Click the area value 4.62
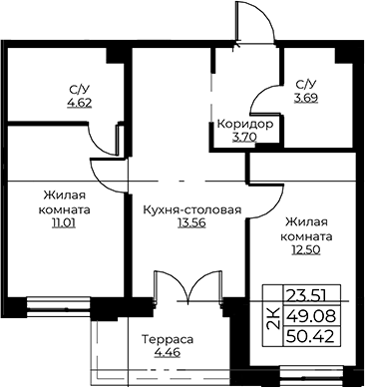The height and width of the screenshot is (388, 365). (x=80, y=103)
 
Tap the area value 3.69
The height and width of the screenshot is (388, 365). (x=306, y=98)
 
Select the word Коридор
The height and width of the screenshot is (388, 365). (x=245, y=125)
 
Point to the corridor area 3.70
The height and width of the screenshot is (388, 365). (x=244, y=137)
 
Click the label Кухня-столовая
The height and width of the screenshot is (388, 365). (x=192, y=210)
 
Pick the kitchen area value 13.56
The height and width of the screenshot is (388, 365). (x=191, y=222)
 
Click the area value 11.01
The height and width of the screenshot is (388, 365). (x=64, y=222)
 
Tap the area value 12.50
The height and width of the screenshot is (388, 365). (x=306, y=249)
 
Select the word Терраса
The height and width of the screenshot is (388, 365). (x=168, y=340)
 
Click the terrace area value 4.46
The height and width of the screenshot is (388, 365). (x=168, y=352)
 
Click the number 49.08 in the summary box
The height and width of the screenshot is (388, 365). (x=310, y=316)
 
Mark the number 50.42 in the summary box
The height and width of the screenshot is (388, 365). (x=310, y=337)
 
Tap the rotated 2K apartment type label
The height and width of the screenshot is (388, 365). (x=273, y=318)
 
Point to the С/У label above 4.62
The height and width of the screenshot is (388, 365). (x=79, y=90)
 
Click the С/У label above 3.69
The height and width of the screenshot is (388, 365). (x=306, y=86)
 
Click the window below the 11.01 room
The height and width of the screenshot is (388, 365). (x=59, y=304)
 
